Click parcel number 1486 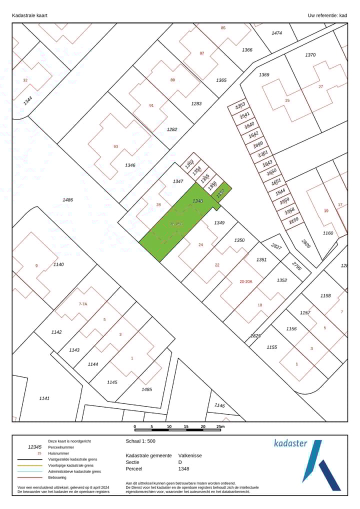coord(67,200)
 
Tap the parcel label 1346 coord(130,165)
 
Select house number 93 coord(115,146)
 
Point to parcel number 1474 coord(276,33)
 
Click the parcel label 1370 coord(310,55)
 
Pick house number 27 coord(320,86)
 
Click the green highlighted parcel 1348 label coord(197,201)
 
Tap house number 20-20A coord(245,281)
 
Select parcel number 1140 coord(58,264)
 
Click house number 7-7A coord(83,304)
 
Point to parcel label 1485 coord(146,389)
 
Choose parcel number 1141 coord(44,398)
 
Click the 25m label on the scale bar coord(220,427)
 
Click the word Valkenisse coord(190,455)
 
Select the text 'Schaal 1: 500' coord(140,441)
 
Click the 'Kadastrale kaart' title coord(29,15)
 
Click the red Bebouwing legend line coord(29,477)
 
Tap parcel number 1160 coord(327,233)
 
